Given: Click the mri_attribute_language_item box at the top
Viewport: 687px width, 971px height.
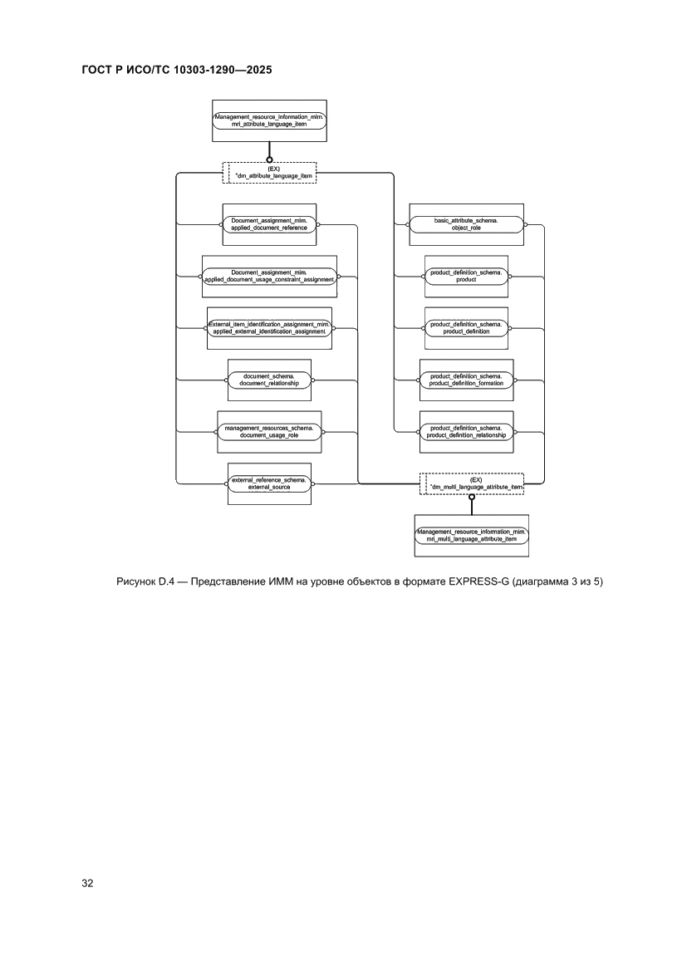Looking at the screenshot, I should [x=269, y=120].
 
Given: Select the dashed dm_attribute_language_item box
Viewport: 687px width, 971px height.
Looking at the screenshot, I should [x=269, y=172].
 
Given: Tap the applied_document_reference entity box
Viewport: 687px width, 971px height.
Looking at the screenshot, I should [x=269, y=224].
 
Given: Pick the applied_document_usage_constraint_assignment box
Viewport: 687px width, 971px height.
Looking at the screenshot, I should [x=269, y=277].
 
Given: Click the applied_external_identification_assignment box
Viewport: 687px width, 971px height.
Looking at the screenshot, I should [x=269, y=328].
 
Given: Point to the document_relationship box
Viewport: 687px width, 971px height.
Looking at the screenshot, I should [x=269, y=380].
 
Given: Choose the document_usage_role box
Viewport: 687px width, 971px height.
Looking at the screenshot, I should [x=269, y=432].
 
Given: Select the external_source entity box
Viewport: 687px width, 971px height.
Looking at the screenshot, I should [x=269, y=483].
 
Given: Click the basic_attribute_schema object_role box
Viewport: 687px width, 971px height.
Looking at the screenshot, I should [x=466, y=224].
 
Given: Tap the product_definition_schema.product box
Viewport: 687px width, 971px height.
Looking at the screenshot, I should [x=466, y=277].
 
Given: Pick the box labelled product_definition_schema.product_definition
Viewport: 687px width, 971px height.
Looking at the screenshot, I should [x=466, y=328].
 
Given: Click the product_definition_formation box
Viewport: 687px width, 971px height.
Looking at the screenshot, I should [x=466, y=380].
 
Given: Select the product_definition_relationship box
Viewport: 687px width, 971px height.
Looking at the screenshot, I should [x=466, y=432].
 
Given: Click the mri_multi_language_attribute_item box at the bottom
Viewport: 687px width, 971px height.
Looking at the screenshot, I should [x=471, y=535].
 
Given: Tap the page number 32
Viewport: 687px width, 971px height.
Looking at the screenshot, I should [x=86, y=883].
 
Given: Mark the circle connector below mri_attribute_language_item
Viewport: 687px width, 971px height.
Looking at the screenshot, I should [x=269, y=158].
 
